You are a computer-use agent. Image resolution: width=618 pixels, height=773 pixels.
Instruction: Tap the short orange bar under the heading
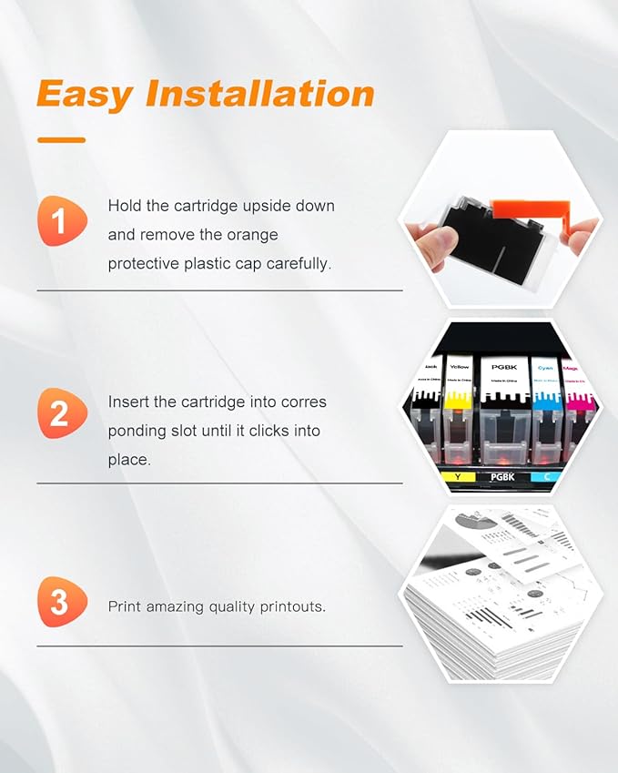[x=61, y=140]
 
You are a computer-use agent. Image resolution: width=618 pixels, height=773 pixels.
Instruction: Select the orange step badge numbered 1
[x=61, y=220]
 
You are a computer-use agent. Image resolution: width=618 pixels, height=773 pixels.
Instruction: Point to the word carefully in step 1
[x=297, y=263]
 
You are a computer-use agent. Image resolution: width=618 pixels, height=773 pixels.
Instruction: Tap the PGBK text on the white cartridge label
[x=503, y=366]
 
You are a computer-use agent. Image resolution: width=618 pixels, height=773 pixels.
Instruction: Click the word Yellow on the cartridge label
[x=458, y=367]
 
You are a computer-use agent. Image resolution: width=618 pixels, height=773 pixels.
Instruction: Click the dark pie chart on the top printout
[x=481, y=522]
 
